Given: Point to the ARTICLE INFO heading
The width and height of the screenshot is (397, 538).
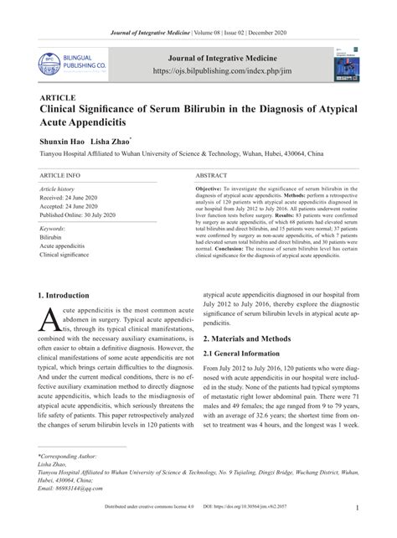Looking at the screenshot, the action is (60, 176).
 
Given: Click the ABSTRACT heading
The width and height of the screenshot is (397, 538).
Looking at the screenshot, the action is (211, 176).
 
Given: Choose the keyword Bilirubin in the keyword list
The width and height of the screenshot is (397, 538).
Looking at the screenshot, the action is (50, 237).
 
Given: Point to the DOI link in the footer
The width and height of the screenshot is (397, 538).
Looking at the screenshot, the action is (277, 530).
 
